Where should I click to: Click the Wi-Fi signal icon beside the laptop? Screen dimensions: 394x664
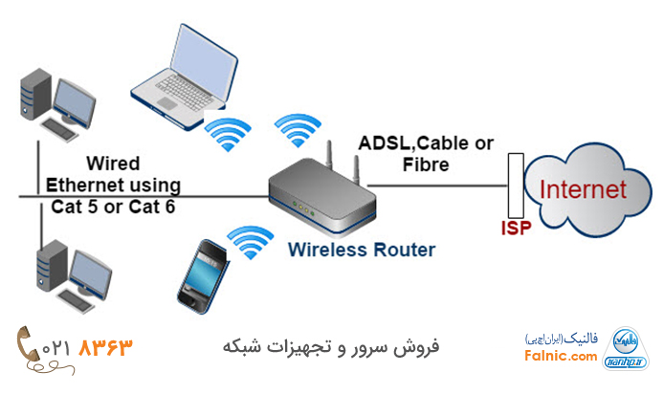(227, 133)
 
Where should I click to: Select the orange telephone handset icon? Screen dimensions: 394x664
(25, 344)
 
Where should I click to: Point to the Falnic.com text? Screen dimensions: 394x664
(561, 357)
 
